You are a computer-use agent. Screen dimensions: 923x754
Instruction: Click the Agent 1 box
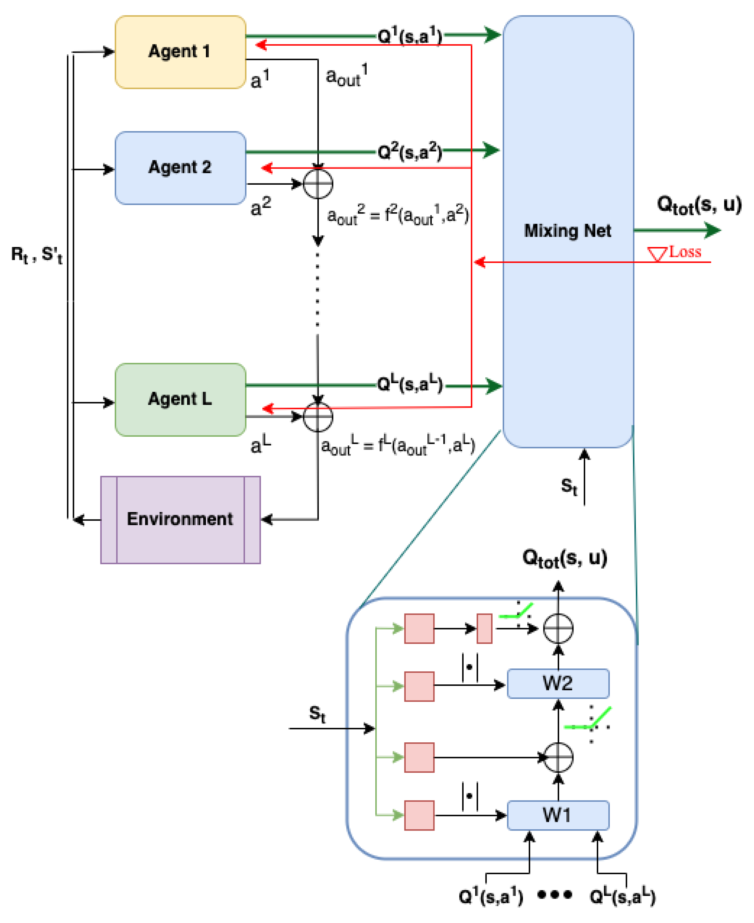pos(180,52)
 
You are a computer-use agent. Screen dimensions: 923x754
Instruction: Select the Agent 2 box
pos(180,168)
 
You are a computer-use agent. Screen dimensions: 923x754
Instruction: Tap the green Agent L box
pos(180,399)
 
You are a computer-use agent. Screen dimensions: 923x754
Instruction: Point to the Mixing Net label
pos(567,231)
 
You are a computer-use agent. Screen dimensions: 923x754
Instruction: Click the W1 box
pos(558,815)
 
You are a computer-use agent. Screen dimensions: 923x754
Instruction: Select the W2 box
pos(558,683)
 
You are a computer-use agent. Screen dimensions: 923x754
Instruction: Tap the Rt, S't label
pos(37,255)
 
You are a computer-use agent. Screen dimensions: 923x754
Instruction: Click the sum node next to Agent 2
pos(318,184)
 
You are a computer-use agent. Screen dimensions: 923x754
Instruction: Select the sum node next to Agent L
pos(318,417)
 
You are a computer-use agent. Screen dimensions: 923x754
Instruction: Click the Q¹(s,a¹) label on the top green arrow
pos(410,36)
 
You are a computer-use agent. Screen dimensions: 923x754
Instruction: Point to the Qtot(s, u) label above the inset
pos(564,558)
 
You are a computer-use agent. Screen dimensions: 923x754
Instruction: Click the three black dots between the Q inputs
pos(555,895)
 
